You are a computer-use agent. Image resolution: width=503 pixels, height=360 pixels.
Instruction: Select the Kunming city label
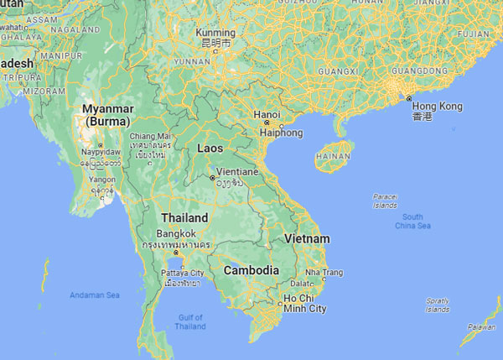click(x=217, y=32)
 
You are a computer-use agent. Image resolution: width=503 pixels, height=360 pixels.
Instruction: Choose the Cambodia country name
click(x=251, y=270)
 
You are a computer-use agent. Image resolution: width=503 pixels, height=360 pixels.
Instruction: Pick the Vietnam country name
click(x=307, y=239)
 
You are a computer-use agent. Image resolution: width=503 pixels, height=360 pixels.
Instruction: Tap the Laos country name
click(x=210, y=148)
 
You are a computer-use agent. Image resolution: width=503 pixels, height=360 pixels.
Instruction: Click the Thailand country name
click(x=184, y=217)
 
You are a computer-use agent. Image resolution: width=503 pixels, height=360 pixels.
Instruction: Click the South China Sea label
click(x=412, y=222)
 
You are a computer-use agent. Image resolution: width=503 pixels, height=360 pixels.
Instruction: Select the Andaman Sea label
click(x=94, y=295)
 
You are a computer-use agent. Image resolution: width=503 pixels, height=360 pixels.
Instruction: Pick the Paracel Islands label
click(x=385, y=201)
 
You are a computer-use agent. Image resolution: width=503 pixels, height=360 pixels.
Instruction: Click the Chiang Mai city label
click(x=151, y=136)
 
